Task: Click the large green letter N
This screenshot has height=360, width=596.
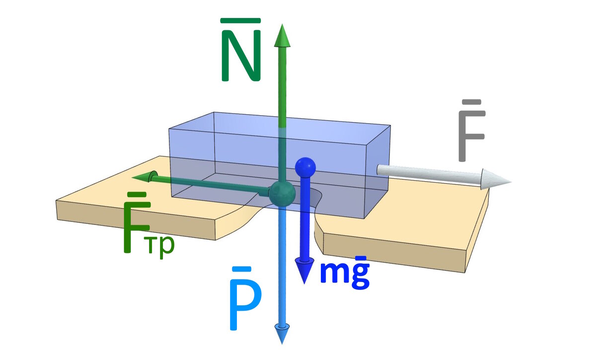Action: (x=241, y=59)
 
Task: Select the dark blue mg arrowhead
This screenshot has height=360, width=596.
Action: (x=303, y=271)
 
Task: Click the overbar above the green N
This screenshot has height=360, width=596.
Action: (x=240, y=21)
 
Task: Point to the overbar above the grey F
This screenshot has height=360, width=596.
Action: (x=471, y=102)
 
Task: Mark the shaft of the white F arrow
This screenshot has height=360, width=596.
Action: (x=427, y=173)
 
